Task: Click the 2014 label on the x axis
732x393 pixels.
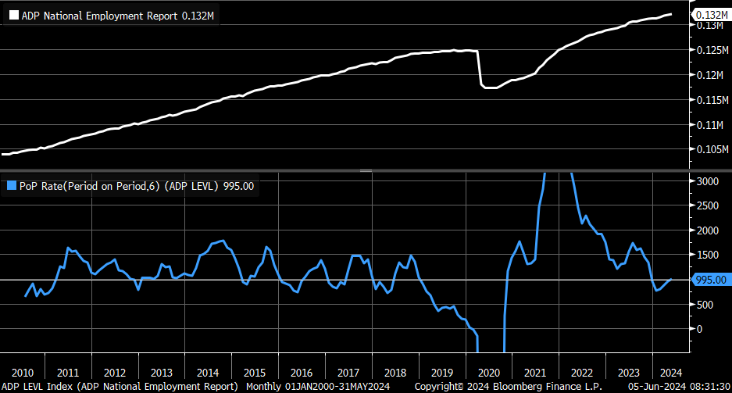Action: (208, 372)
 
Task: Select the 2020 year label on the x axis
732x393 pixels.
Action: (488, 372)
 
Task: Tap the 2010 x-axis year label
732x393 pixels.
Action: (22, 372)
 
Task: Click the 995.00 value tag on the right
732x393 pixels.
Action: (710, 280)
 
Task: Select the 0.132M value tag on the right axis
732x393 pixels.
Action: (711, 15)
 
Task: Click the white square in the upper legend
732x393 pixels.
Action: (12, 16)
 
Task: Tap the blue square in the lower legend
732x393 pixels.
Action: (12, 186)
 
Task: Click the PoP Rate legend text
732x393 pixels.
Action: (137, 186)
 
